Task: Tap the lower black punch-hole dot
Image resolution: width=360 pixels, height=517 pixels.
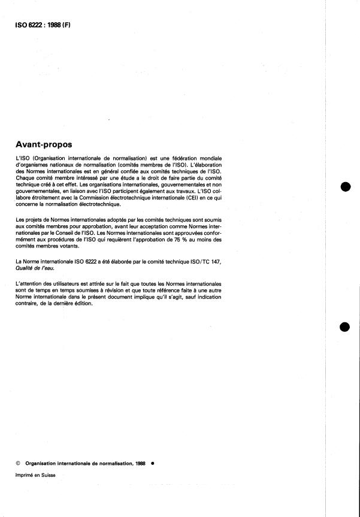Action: [344, 328]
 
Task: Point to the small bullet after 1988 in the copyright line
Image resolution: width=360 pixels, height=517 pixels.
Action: [153, 463]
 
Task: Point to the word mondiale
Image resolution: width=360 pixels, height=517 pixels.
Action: [214, 157]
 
